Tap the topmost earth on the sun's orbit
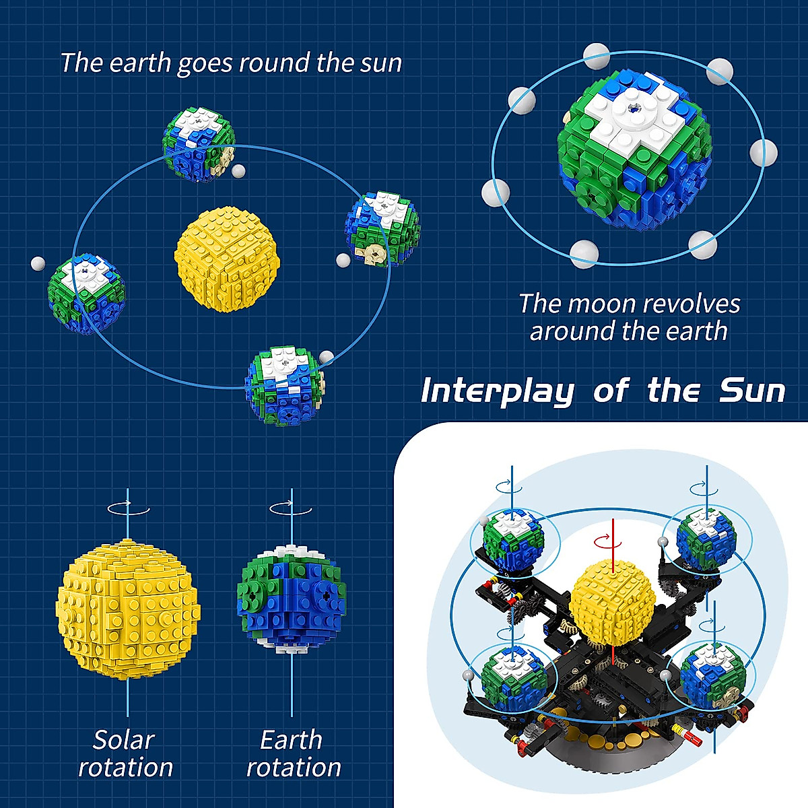(x=198, y=143)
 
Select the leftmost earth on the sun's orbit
(x=86, y=294)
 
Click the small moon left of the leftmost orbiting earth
(x=38, y=263)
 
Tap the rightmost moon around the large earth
(x=764, y=153)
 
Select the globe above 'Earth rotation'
(x=292, y=599)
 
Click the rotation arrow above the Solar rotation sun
(x=128, y=509)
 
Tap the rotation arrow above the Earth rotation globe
(x=291, y=509)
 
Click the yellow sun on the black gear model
(x=612, y=598)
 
